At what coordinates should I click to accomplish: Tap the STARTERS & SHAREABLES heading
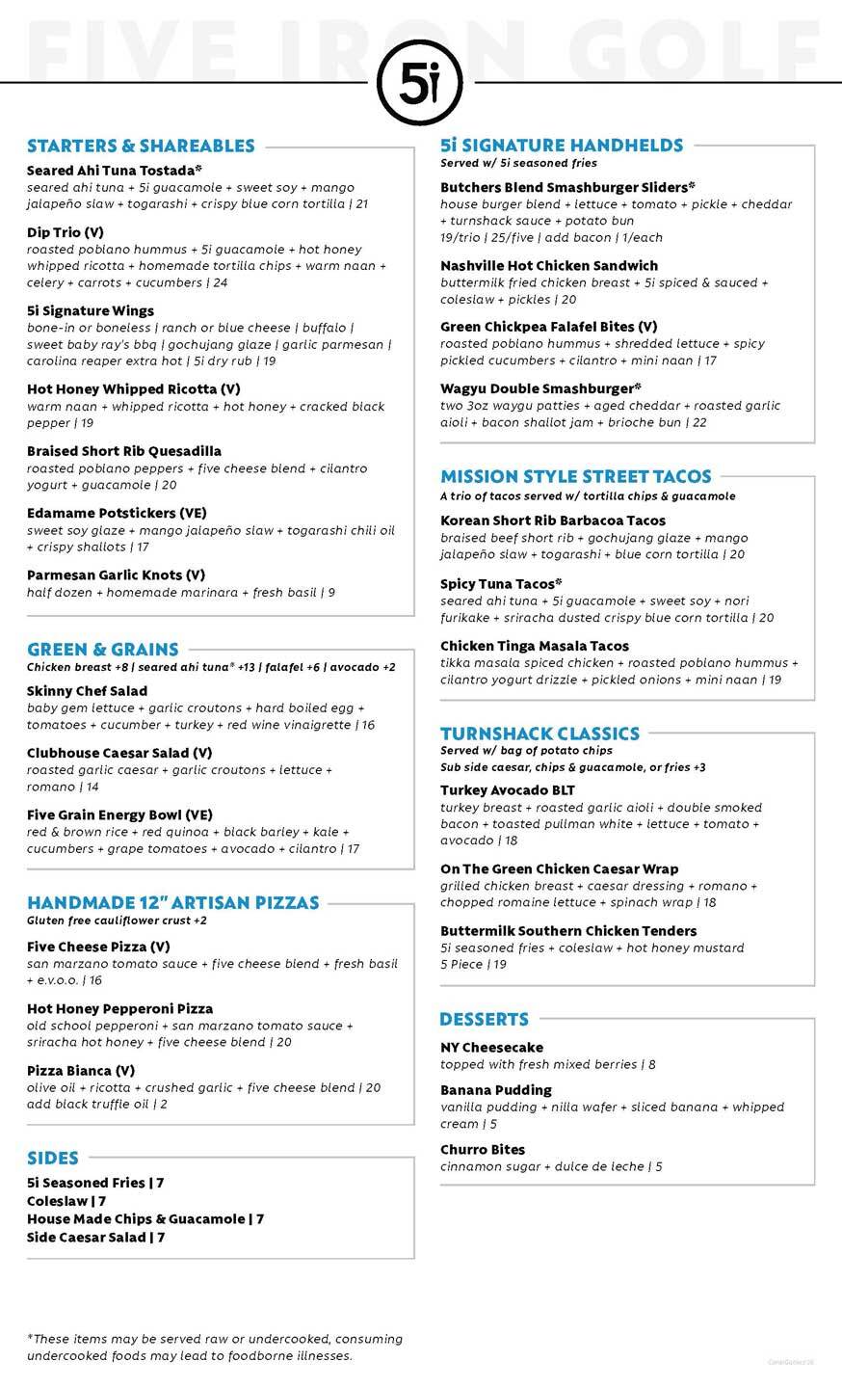(141, 147)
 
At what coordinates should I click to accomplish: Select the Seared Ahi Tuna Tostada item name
(114, 171)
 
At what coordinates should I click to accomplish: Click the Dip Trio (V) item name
(66, 232)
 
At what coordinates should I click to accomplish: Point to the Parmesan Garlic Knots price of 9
(330, 593)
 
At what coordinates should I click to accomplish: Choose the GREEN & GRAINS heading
(103, 650)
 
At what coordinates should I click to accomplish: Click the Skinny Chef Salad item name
(88, 691)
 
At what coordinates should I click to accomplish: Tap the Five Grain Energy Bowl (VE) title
(119, 814)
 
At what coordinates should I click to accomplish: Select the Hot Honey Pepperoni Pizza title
(120, 1008)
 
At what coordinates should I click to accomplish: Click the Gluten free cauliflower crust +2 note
(117, 921)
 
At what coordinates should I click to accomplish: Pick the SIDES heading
(53, 1158)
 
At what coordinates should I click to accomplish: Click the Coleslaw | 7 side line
(66, 1201)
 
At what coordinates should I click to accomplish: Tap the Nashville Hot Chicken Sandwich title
(549, 265)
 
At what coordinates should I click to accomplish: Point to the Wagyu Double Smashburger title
(540, 388)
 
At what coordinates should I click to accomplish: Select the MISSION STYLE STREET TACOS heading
(576, 476)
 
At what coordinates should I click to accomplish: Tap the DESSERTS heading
(484, 1020)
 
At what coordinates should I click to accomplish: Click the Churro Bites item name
(483, 1150)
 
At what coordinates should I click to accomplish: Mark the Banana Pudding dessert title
(496, 1090)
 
